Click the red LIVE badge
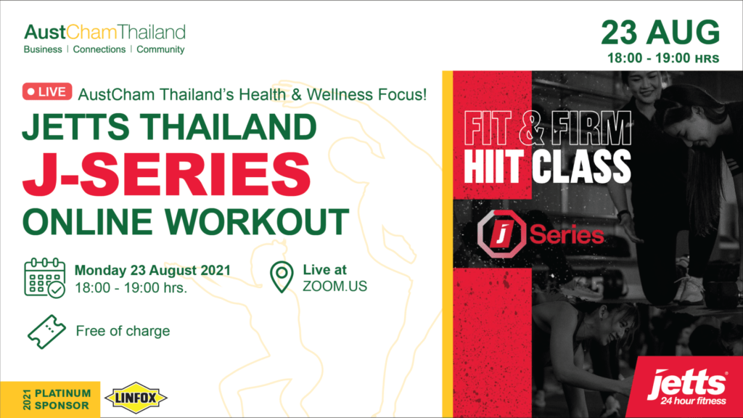47,91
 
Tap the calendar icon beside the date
44,278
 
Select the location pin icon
282,276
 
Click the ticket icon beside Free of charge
46,332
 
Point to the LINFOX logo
136,398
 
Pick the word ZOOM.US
335,286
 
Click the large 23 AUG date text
660,33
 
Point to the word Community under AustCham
160,49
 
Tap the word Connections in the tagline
99,49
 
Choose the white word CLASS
581,166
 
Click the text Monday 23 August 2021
152,270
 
